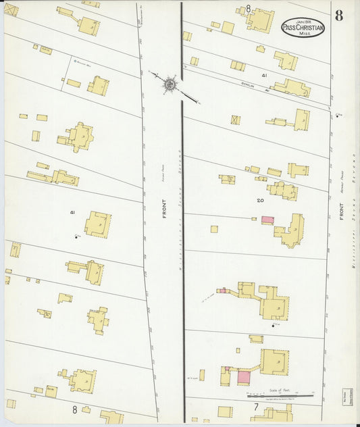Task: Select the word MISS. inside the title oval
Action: pos(303,34)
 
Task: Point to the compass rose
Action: pos(169,84)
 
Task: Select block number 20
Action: pos(260,201)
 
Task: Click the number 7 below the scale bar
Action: pos(256,407)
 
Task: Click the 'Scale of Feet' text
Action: pos(274,391)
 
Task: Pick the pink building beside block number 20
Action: pos(267,220)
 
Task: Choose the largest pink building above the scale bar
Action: pos(243,377)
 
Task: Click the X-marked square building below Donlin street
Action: pos(235,120)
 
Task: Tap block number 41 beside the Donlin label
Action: pos(265,76)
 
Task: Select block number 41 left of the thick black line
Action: pos(72,212)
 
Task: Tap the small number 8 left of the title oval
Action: pos(249,8)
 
